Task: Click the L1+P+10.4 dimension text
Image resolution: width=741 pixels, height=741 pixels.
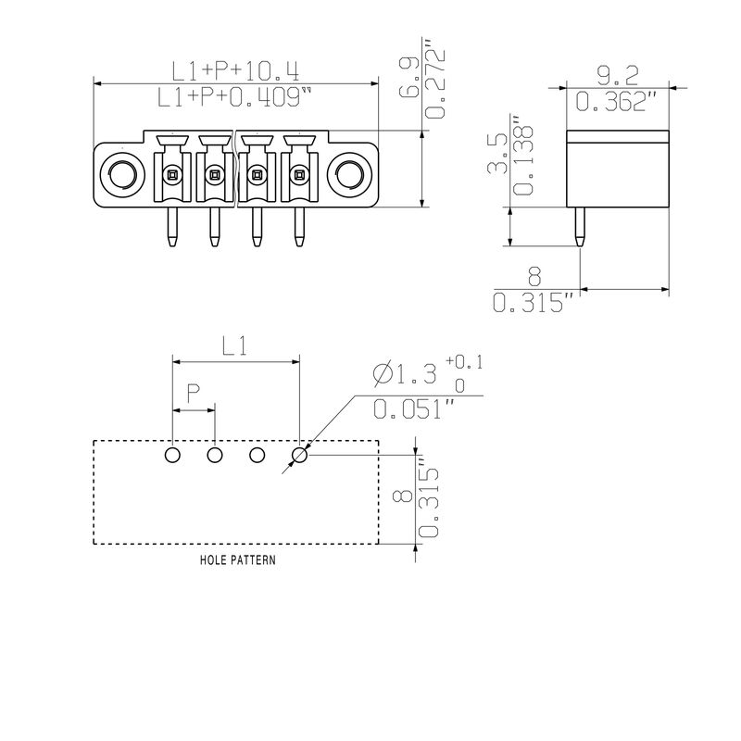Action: [x=235, y=71]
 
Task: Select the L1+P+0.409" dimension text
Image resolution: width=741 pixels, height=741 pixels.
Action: [x=234, y=97]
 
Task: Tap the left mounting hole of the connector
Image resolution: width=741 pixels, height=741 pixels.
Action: [x=122, y=175]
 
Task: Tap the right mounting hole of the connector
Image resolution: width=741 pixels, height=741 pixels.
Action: [x=350, y=175]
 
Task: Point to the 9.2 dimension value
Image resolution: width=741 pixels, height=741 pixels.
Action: [x=617, y=76]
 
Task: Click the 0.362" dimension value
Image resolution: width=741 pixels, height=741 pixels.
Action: [x=616, y=101]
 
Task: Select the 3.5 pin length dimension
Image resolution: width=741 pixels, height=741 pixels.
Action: [x=497, y=153]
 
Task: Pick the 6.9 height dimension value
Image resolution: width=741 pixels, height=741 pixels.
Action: [x=408, y=77]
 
